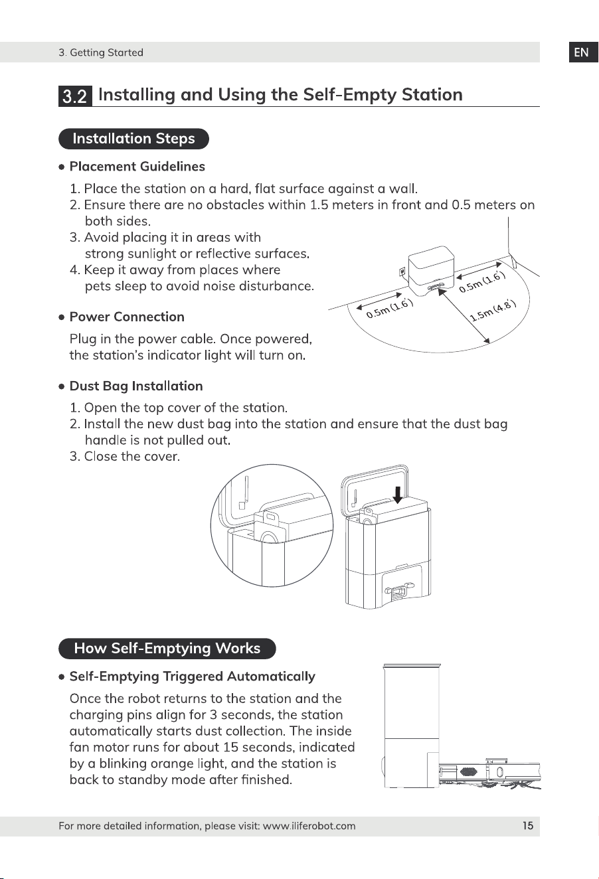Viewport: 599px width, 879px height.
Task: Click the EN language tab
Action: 583,52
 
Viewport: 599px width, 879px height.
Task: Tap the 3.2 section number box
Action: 75,96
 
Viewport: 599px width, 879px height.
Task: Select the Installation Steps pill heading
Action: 133,139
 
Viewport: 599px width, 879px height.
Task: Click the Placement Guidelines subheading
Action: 137,167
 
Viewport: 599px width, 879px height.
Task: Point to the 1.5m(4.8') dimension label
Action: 493,311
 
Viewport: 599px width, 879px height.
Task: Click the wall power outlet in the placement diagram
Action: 402,271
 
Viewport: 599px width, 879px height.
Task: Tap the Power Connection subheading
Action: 127,317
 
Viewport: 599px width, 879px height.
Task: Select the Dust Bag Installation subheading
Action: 136,386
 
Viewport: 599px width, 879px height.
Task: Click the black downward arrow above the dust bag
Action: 398,495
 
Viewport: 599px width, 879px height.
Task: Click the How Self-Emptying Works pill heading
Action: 167,649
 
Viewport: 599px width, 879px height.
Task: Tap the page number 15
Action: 527,826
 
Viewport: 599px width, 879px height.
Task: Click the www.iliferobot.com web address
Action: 309,826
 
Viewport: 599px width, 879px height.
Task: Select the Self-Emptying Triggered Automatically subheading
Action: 193,677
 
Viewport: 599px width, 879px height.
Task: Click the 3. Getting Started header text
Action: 101,52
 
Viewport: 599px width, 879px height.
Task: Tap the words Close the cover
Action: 132,456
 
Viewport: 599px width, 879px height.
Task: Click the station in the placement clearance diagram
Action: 431,271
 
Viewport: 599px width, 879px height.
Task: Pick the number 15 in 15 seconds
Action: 231,747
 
